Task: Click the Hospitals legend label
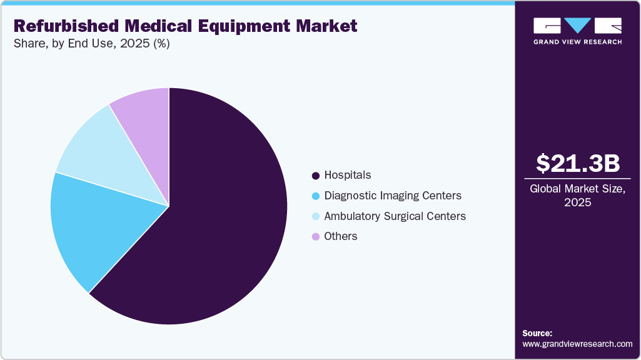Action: coord(348,175)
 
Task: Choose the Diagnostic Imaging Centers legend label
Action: coord(393,196)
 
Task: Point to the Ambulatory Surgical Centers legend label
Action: coord(395,216)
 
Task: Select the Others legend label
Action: coord(341,236)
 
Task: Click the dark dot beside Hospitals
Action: coord(316,176)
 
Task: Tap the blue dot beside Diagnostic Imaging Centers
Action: coord(316,196)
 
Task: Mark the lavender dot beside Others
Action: coord(316,237)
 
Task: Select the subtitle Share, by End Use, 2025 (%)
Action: coord(91,44)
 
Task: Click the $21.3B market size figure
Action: coord(578,163)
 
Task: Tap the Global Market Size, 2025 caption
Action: coord(578,195)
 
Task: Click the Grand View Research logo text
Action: coord(577,42)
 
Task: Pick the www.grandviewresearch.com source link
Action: coord(577,344)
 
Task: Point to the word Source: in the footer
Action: coord(537,333)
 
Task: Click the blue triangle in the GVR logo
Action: coord(577,25)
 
